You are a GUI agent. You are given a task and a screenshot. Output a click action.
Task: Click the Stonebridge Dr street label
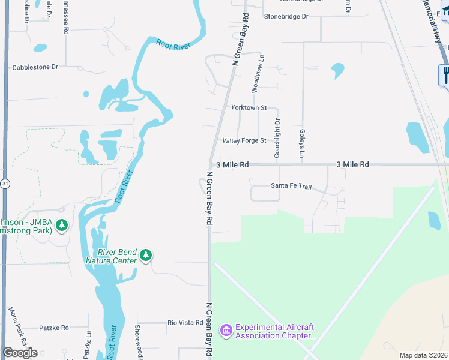pyautogui.click(x=286, y=16)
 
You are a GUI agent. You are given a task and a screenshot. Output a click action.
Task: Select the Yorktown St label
pyautogui.click(x=249, y=107)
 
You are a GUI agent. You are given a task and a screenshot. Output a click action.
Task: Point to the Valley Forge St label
pyautogui.click(x=244, y=140)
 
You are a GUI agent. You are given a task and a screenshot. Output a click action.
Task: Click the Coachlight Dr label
pyautogui.click(x=277, y=138)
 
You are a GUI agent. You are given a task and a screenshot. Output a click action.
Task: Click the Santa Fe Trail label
pyautogui.click(x=291, y=186)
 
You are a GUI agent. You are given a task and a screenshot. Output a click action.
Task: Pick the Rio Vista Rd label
pyautogui.click(x=185, y=323)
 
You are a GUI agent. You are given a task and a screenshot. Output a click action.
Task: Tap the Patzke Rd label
pyautogui.click(x=53, y=328)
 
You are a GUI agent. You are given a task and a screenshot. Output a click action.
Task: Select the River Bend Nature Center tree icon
pyautogui.click(x=146, y=256)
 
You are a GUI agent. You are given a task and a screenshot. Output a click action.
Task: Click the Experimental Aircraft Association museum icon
pyautogui.click(x=226, y=331)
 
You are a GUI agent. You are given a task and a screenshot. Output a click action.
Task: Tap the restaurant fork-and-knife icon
pyautogui.click(x=445, y=75)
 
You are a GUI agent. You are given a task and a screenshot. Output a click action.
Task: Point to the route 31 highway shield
pyautogui.click(x=5, y=184)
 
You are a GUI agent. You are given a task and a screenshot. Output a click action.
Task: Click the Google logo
pyautogui.click(x=20, y=353)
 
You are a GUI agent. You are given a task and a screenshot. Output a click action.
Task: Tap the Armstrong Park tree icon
pyautogui.click(x=61, y=226)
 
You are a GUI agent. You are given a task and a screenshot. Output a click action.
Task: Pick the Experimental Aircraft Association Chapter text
pyautogui.click(x=275, y=331)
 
